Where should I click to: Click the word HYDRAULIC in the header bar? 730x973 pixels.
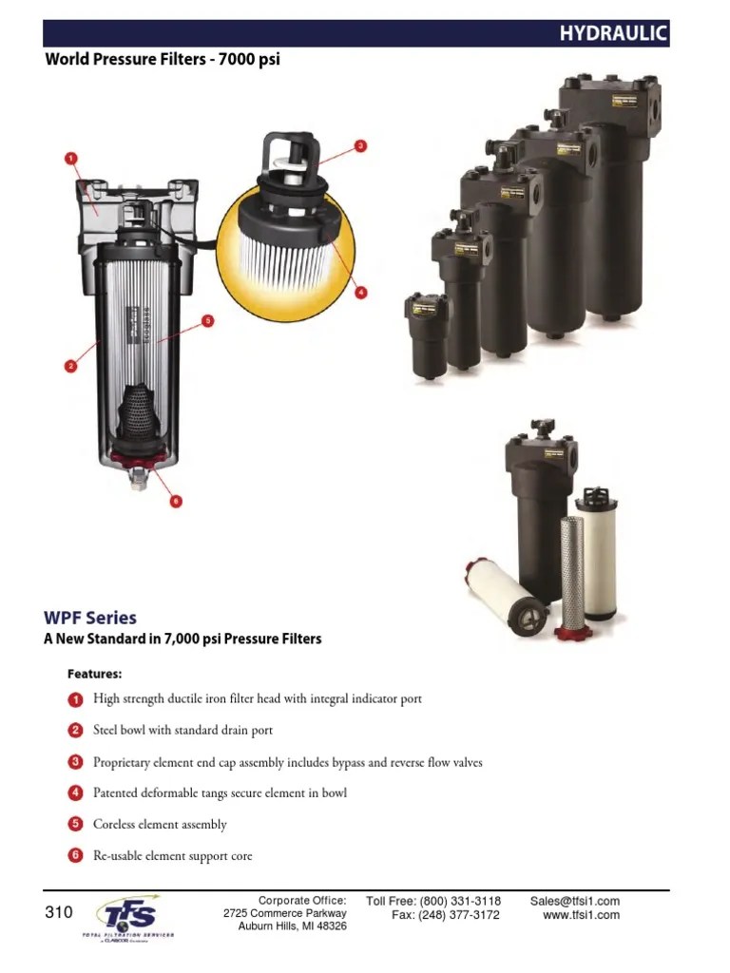(x=613, y=34)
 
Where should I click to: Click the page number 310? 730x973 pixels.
(x=59, y=913)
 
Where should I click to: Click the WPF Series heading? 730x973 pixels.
(x=90, y=618)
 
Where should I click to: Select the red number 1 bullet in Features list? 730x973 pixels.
(x=76, y=699)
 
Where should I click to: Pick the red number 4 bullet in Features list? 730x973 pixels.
(x=76, y=792)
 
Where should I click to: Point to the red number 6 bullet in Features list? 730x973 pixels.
(x=76, y=855)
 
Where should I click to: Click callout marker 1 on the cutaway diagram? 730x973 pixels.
(x=69, y=158)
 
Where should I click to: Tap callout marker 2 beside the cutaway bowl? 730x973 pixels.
(x=69, y=364)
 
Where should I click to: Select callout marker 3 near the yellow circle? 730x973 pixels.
(x=360, y=146)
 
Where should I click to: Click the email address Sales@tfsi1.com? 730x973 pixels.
(x=575, y=901)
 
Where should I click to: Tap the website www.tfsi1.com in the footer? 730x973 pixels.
(x=581, y=915)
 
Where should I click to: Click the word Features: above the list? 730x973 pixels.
(x=94, y=675)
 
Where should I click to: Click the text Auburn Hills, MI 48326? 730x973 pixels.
(x=292, y=926)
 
